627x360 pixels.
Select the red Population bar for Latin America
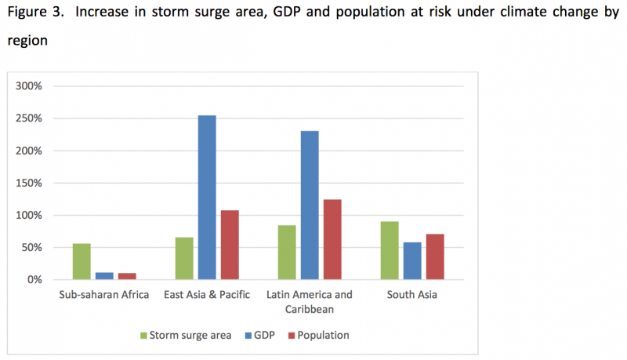click(x=332, y=239)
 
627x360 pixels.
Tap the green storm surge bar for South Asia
click(x=390, y=250)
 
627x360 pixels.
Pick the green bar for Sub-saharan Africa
click(x=82, y=261)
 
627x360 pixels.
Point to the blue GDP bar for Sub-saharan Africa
click(x=104, y=275)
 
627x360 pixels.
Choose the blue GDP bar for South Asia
click(x=412, y=260)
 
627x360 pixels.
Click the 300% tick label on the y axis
click(x=40, y=86)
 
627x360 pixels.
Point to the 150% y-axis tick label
click(x=40, y=183)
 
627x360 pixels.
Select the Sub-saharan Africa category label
click(x=104, y=295)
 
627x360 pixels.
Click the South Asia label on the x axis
click(x=412, y=295)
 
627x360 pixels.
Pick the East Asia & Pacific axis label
click(x=207, y=295)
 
